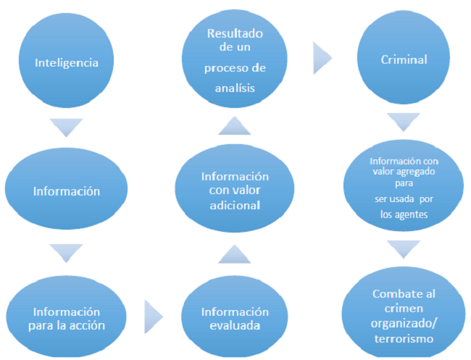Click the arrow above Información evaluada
pyautogui.click(x=233, y=254)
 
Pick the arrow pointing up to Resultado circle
pyautogui.click(x=233, y=126)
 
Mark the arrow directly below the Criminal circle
pyautogui.click(x=403, y=122)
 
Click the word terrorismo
pyautogui.click(x=404, y=338)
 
